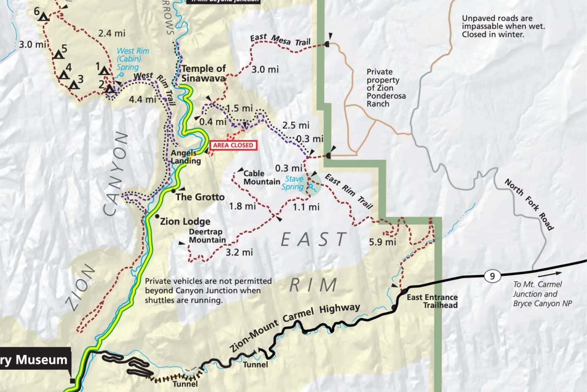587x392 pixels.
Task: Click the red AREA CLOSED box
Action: (233, 145)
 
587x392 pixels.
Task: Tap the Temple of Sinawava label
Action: (203, 73)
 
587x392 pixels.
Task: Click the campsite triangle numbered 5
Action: (58, 55)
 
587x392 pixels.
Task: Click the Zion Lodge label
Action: (185, 221)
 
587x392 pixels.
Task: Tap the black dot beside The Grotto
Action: (173, 190)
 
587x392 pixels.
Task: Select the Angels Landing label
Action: (185, 157)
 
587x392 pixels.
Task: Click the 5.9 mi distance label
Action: (383, 242)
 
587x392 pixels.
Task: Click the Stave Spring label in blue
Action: (293, 183)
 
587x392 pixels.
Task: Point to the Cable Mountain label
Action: (262, 178)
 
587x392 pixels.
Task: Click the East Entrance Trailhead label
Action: (432, 301)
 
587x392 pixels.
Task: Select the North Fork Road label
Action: (529, 204)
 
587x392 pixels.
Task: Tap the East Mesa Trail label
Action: (280, 40)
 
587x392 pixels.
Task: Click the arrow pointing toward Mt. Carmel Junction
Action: (550, 274)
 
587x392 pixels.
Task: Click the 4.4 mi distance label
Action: (143, 100)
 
